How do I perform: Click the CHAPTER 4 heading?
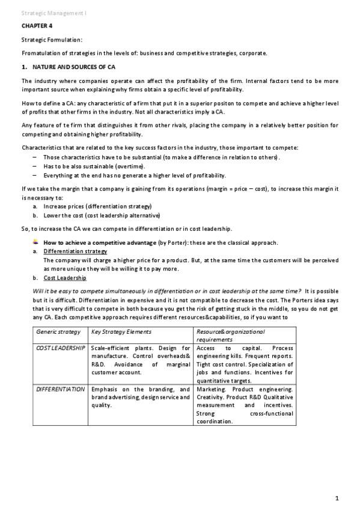click(x=35, y=26)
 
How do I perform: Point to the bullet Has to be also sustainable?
click(x=94, y=166)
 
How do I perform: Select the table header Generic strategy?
click(x=58, y=332)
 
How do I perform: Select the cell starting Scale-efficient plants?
click(x=141, y=360)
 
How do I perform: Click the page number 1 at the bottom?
click(x=338, y=497)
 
